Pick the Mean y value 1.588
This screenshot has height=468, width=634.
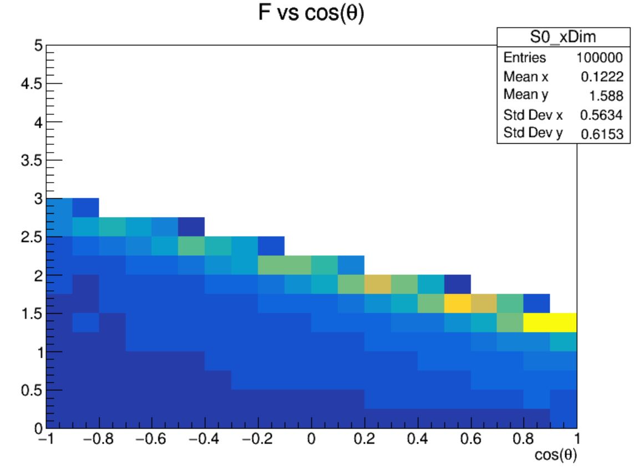click(611, 96)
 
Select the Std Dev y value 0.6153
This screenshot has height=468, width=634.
click(606, 134)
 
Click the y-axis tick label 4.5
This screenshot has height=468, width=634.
click(32, 84)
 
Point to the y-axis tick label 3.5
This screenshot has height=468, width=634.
click(32, 160)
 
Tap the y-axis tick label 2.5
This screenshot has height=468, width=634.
click(32, 237)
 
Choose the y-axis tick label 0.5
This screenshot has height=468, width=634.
click(32, 390)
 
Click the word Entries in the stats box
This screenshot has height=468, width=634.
click(524, 58)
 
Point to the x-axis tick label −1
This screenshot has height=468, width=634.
click(46, 440)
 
